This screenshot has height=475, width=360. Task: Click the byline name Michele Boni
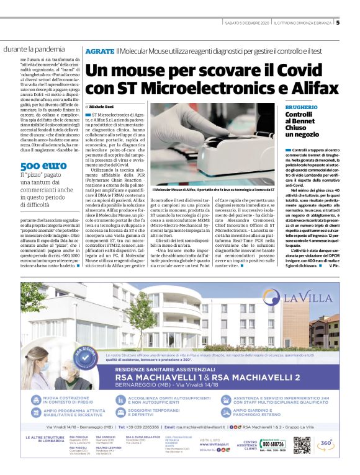click(x=103, y=107)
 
